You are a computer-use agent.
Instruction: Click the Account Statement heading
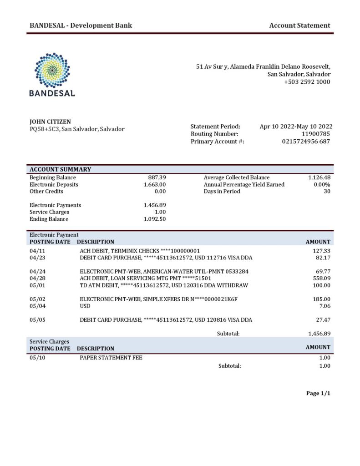point(299,25)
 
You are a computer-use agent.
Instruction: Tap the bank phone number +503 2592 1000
point(307,82)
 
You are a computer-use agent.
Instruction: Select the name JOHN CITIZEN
point(50,122)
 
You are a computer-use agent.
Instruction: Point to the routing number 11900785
point(316,134)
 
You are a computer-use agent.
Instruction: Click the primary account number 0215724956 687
point(306,142)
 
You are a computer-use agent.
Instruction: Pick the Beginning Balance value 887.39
point(157,177)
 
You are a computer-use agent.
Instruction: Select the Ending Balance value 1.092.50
point(154,219)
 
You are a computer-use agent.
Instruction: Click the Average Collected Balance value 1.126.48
point(319,177)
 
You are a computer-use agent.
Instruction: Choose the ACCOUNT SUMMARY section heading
point(61,169)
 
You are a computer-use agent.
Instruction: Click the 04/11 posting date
point(37,251)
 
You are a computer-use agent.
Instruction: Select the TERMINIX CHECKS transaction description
point(140,251)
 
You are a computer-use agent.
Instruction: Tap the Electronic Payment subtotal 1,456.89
point(319,334)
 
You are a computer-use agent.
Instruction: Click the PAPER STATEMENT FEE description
point(111,358)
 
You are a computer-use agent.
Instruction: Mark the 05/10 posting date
point(37,358)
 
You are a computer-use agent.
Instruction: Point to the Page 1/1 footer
point(318,393)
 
